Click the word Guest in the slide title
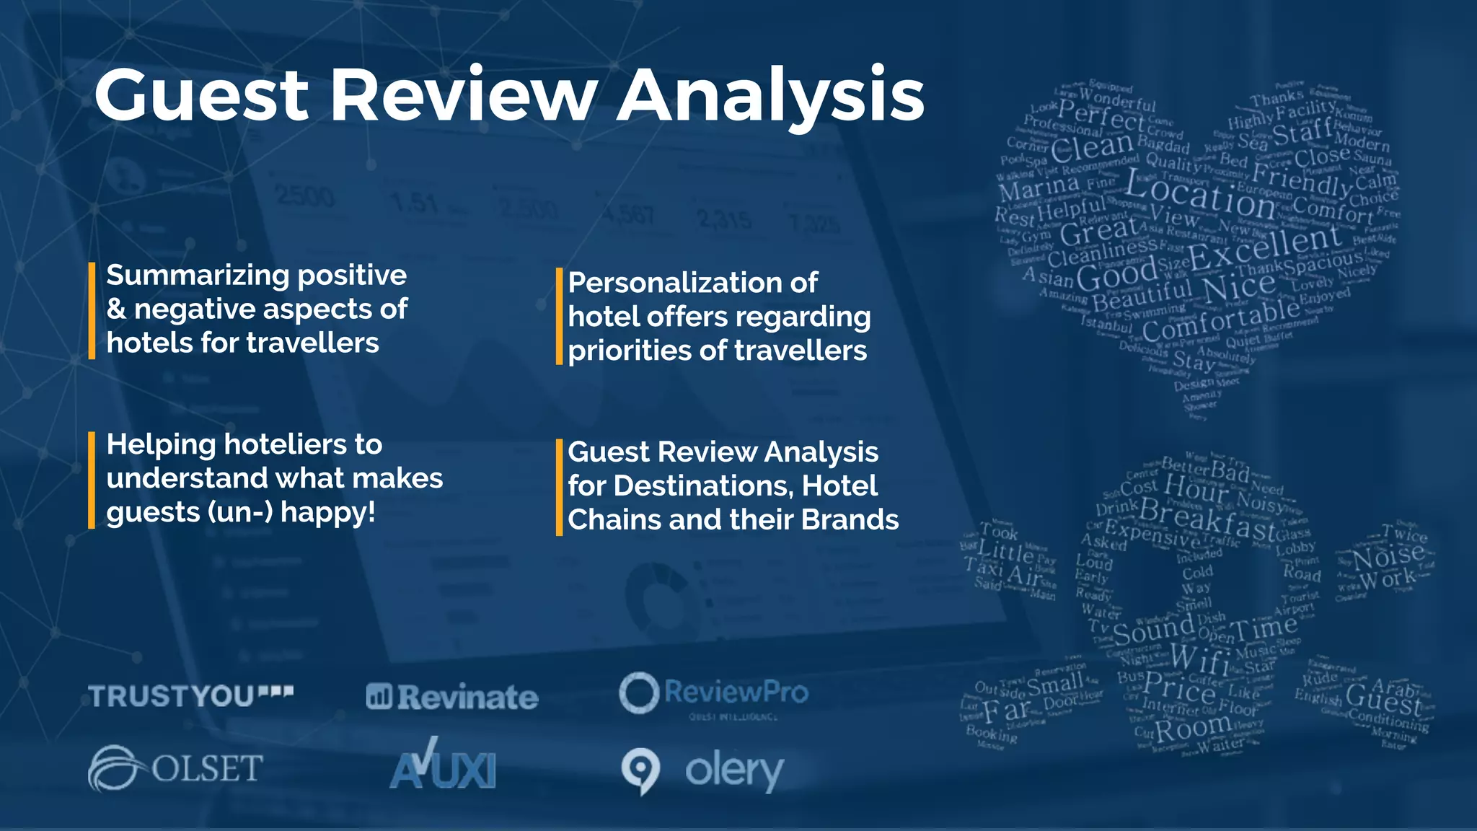[202, 96]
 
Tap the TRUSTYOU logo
[190, 696]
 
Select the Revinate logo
[452, 697]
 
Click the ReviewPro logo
[713, 694]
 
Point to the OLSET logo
[175, 768]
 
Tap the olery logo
[702, 770]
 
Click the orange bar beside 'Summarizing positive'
[92, 310]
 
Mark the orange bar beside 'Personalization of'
[559, 317]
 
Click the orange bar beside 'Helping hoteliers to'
[92, 480]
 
